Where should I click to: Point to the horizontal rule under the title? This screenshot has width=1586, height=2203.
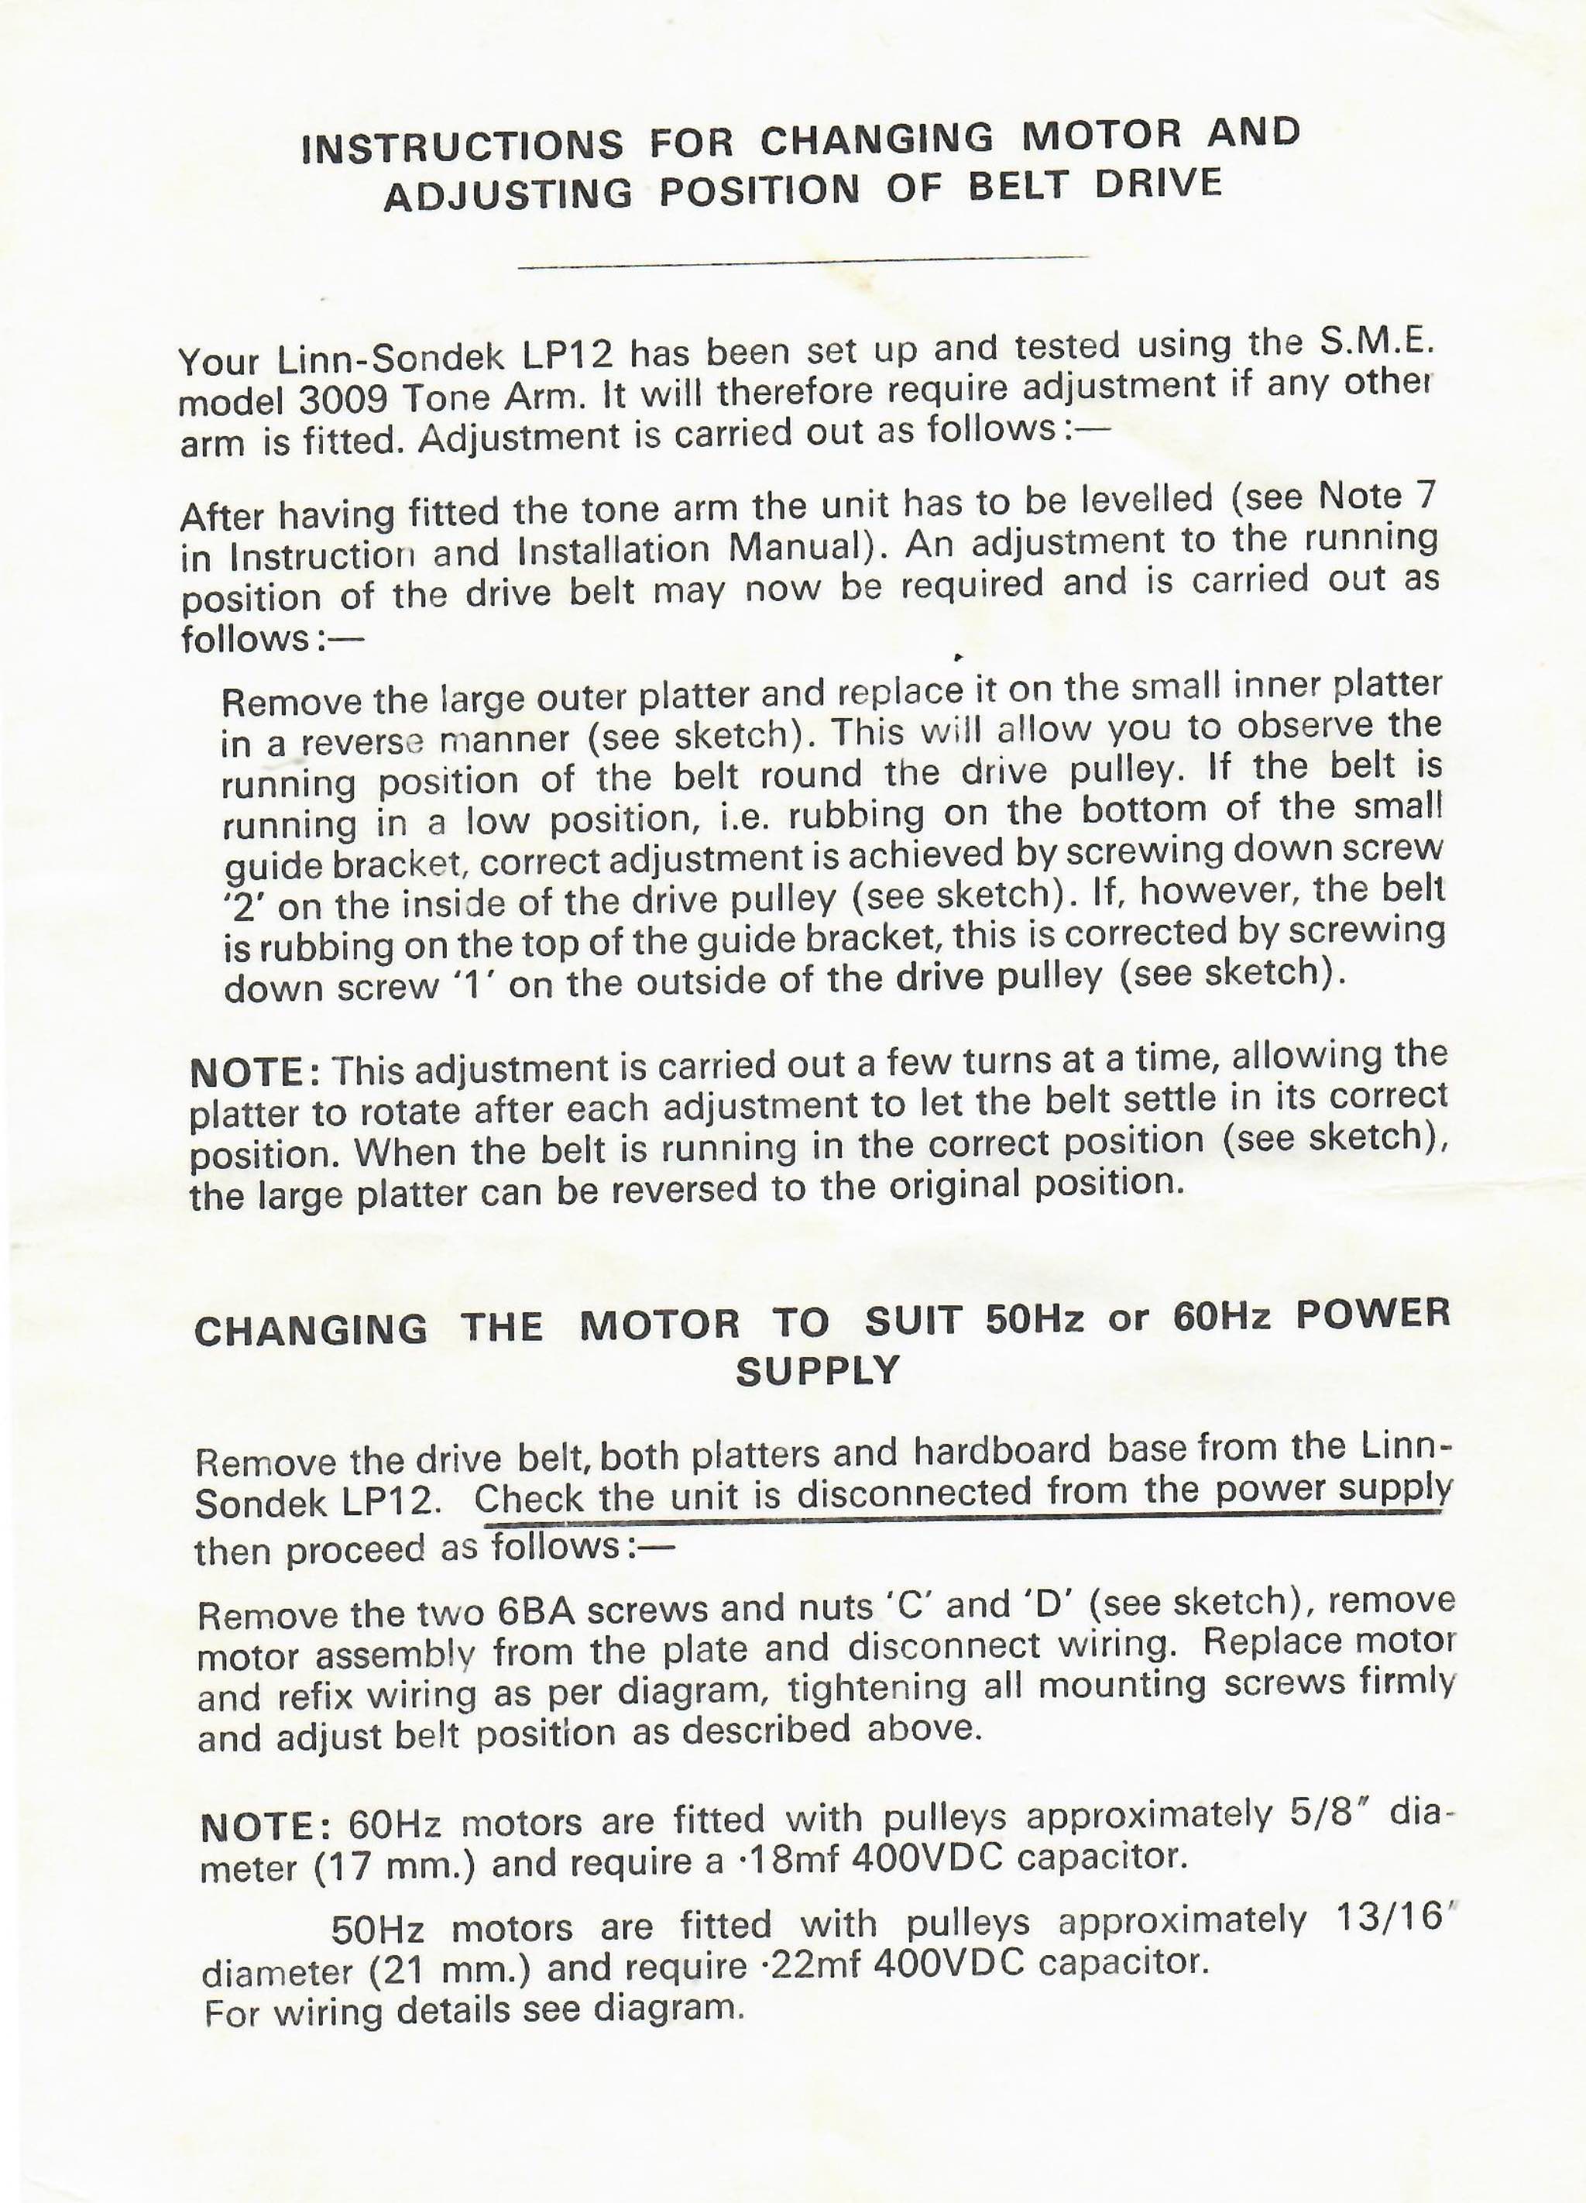pyautogui.click(x=804, y=259)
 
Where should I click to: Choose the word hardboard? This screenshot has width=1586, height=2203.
pyautogui.click(x=1004, y=1450)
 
